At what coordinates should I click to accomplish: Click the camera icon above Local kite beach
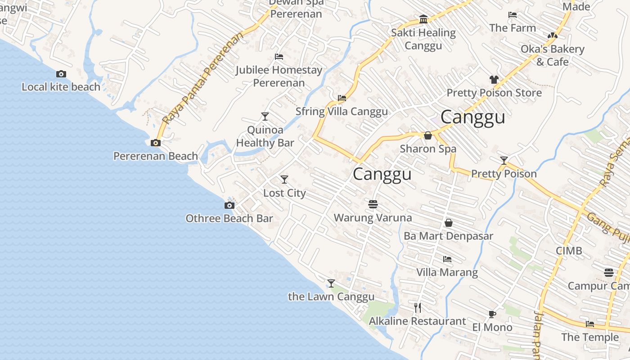(61, 74)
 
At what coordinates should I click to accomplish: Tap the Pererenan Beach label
(155, 156)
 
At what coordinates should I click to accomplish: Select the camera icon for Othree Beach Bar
(229, 206)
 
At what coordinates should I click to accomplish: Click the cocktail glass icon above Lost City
(284, 180)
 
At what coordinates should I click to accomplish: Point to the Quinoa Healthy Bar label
(265, 136)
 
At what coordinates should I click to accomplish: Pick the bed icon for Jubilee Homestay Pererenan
(279, 57)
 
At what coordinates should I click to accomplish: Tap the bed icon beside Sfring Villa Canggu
(342, 98)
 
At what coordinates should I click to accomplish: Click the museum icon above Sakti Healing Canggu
(423, 19)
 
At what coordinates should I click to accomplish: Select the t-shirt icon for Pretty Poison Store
(494, 80)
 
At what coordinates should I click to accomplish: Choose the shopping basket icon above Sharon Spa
(428, 135)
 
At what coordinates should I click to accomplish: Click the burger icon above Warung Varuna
(373, 204)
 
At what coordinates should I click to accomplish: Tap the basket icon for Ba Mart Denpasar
(449, 223)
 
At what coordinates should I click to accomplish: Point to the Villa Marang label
(447, 272)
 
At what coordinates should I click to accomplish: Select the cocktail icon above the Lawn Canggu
(331, 283)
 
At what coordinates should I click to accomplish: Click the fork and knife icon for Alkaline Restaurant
(418, 308)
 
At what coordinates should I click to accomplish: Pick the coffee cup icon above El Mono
(492, 314)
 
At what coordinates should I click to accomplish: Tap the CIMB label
(569, 251)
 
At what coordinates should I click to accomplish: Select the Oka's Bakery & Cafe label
(553, 55)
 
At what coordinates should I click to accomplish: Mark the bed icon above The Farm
(513, 15)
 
